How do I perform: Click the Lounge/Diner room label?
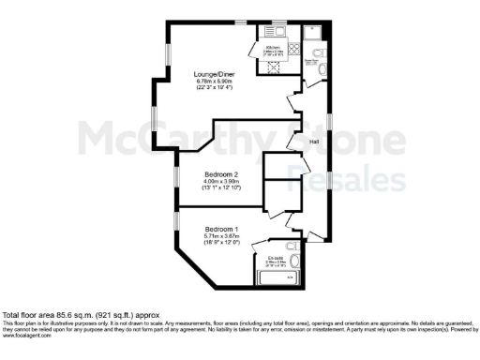click(x=214, y=74)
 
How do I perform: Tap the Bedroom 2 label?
click(x=222, y=174)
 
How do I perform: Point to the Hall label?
click(x=316, y=142)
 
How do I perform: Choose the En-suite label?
click(x=275, y=256)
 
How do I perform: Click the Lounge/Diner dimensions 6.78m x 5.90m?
click(x=214, y=82)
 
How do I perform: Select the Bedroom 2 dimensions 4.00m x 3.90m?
click(x=222, y=182)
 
